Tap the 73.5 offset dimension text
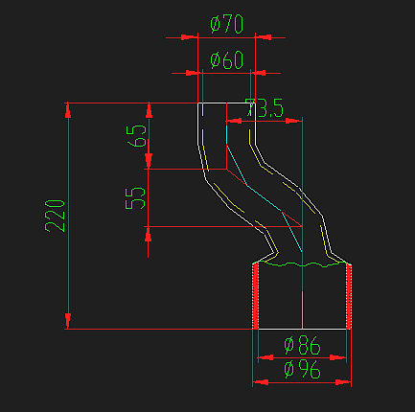click(x=265, y=109)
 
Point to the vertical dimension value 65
click(x=136, y=136)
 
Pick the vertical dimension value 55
click(x=136, y=198)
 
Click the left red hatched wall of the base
click(x=256, y=297)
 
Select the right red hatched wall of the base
click(x=349, y=297)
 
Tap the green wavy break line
click(x=302, y=263)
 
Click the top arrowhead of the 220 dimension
click(x=68, y=110)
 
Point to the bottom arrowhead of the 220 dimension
click(x=68, y=321)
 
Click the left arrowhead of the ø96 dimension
click(x=258, y=382)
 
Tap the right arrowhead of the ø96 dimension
click(x=347, y=382)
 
